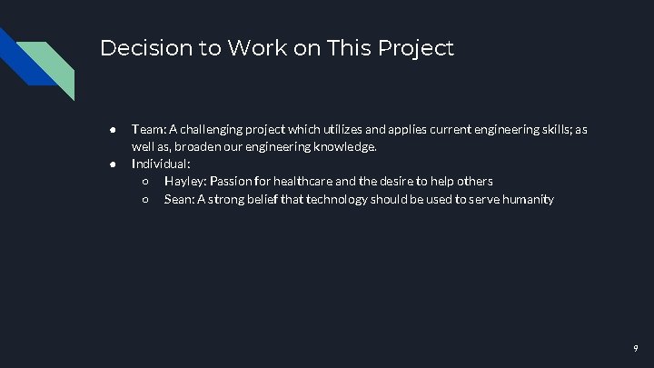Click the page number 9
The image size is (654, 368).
[635, 348]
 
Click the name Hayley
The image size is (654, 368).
[184, 182]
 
